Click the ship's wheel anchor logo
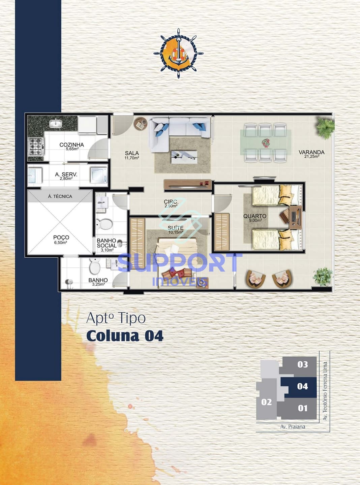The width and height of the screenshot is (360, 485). pos(178,54)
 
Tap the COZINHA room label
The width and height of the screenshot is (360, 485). pos(71,145)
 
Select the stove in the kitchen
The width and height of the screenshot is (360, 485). pos(36,147)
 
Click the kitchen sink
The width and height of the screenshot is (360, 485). pos(56,124)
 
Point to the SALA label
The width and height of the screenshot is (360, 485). pos(132,153)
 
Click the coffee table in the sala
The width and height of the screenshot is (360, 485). pos(184,157)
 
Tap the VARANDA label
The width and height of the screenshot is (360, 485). pos(311,152)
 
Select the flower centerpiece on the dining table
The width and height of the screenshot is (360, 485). pos(266,143)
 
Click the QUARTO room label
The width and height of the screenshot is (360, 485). pos(255,216)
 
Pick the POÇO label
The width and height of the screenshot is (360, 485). pos(61,237)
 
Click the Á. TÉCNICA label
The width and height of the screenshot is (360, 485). pos(60,196)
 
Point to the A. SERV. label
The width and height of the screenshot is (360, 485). pos(66,174)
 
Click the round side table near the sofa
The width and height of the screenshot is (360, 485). pos(140,124)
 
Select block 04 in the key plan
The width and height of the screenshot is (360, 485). pos(302,386)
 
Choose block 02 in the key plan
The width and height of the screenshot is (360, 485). pos(266,402)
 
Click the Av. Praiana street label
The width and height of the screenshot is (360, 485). pos(293,427)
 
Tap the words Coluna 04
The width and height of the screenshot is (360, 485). pos(125,336)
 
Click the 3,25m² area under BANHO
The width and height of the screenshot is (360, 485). pos(98,284)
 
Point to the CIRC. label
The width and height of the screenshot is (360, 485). pos(171,202)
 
